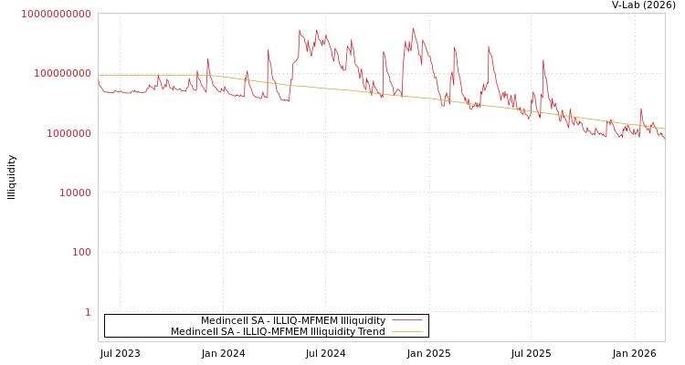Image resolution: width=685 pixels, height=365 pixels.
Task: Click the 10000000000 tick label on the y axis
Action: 56,14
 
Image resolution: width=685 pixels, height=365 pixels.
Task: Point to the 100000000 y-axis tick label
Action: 62,73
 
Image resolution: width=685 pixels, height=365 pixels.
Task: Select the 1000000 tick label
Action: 68,133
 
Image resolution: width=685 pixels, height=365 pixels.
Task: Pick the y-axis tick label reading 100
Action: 81,252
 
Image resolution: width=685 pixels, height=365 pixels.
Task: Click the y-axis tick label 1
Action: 88,312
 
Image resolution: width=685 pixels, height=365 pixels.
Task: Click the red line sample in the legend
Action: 406,320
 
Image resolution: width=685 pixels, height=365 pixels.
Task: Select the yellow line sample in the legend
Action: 406,331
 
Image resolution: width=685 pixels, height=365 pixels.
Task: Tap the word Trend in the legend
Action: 372,331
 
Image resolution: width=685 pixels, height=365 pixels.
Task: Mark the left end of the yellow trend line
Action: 99,76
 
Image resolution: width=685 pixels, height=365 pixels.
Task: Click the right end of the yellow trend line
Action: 664,129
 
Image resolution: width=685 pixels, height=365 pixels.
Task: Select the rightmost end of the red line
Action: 664,138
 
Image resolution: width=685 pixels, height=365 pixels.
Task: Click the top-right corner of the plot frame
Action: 665,13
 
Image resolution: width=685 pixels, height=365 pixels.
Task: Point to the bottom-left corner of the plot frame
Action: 98,341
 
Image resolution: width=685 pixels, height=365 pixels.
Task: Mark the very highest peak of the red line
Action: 413,28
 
